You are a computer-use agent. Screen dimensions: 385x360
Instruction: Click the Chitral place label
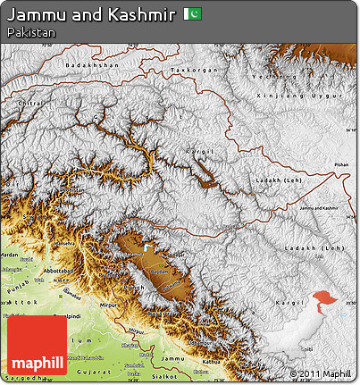pos(30,104)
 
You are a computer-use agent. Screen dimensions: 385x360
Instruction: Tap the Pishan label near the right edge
pos(342,165)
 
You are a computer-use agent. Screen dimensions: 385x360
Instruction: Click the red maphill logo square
pos(37,345)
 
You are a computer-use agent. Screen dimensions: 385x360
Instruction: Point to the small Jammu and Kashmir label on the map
pos(320,207)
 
